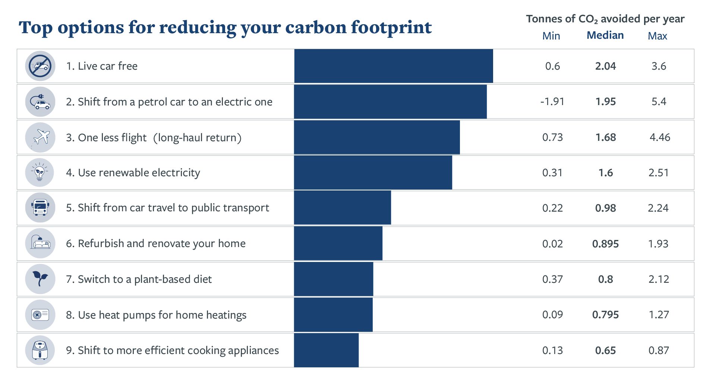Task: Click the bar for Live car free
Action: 394,66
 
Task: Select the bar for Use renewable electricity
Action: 373,173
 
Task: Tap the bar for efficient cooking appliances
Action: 326,350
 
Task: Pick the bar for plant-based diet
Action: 334,279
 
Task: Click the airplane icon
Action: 40,137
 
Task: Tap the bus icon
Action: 40,208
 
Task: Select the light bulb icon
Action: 40,173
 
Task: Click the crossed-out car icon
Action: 40,66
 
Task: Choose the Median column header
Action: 605,35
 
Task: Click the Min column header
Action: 551,36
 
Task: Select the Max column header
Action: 657,36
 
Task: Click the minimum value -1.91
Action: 552,101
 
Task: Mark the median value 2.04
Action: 606,66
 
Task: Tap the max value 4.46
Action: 660,137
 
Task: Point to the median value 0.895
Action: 606,244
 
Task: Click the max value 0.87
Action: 659,350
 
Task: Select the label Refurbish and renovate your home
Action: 156,243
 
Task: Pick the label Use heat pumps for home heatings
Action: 156,315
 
